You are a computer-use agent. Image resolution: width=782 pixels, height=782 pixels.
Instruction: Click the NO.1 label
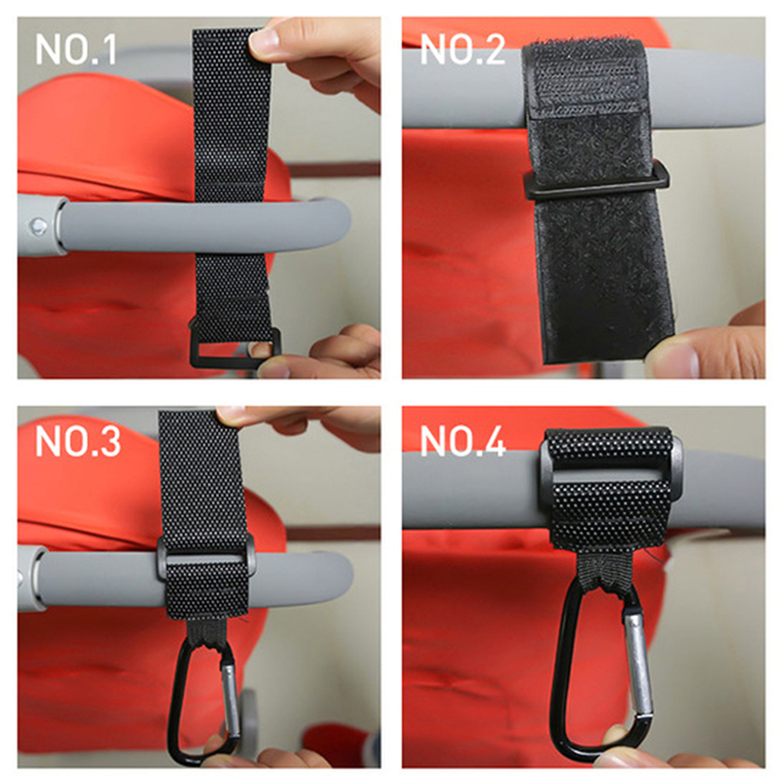76,50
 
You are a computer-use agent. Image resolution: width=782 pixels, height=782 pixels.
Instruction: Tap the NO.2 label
462,50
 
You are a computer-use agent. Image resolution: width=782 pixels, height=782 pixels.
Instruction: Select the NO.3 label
78,442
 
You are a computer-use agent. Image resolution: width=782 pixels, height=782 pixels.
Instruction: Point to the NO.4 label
462,442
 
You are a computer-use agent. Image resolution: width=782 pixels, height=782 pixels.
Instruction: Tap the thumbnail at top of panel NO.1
264,41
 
